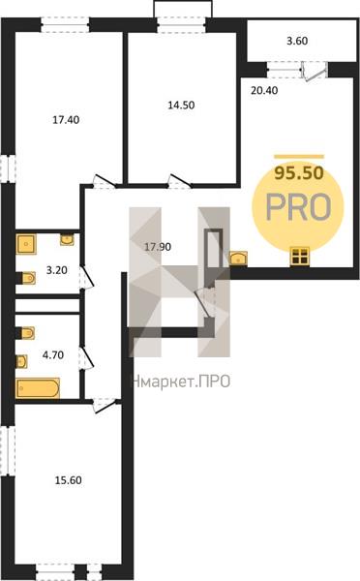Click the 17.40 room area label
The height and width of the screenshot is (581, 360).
coord(66,120)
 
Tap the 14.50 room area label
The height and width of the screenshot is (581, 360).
coord(181,105)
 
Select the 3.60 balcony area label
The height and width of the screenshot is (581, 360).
coord(297,41)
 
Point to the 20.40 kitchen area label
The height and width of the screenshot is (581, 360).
coord(264,90)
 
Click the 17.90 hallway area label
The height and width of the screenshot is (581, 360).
coord(158,246)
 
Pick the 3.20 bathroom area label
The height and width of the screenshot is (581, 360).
coord(57,270)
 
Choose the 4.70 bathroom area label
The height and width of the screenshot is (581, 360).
coord(53,355)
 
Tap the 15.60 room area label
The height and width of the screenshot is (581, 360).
coord(68,480)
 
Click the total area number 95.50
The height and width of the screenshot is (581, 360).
coord(299,172)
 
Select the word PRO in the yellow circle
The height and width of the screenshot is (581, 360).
coord(298,207)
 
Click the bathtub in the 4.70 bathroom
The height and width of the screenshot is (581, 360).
coord(38,388)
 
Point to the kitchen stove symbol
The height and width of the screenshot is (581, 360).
coord(299,256)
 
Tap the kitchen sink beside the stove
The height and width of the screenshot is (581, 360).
coord(238,259)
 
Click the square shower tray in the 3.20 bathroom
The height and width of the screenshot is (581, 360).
coord(26,243)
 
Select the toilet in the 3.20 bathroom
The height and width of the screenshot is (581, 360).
coord(27,278)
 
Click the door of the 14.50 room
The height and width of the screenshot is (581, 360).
coord(180,182)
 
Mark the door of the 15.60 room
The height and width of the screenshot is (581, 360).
coord(105,405)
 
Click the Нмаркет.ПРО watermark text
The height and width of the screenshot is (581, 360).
coord(181,382)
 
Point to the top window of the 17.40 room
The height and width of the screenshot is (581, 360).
coord(65,25)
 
